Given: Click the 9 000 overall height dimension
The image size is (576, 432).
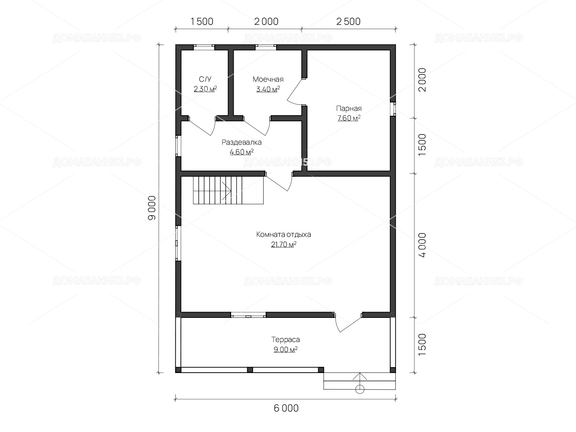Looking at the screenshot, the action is pos(152,208).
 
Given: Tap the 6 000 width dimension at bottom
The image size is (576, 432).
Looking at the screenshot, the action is pos(286,408).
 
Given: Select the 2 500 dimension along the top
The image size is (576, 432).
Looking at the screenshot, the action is pos(348,22).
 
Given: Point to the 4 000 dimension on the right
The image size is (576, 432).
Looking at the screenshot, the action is pos(422,245).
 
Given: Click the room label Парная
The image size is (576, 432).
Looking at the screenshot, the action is pos(349,108).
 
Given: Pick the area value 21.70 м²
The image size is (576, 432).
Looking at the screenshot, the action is pos(284,244).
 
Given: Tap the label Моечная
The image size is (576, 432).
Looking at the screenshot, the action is pos(268,79).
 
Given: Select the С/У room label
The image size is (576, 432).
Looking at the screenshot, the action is pos(205,79).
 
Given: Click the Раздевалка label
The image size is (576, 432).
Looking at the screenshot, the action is pos(242,142).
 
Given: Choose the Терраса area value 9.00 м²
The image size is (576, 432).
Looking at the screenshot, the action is pos(285,349).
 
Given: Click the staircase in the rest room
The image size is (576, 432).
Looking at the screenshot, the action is pos(228,190).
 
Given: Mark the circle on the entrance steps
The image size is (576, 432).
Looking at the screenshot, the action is pos(360,389).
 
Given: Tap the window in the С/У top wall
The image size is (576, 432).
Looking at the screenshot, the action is pos(204,47).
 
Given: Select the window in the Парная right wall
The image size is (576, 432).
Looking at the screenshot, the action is pos(393,109).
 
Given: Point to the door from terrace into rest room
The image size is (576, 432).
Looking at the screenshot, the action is pos(348,322).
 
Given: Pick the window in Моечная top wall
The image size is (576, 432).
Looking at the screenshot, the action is pos(266,47).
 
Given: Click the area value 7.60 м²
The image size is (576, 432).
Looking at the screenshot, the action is pos(349,118).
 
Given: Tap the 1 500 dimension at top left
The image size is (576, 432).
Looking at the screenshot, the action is pos(202,22).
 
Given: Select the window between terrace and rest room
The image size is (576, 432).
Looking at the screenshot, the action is pos(248,315).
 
